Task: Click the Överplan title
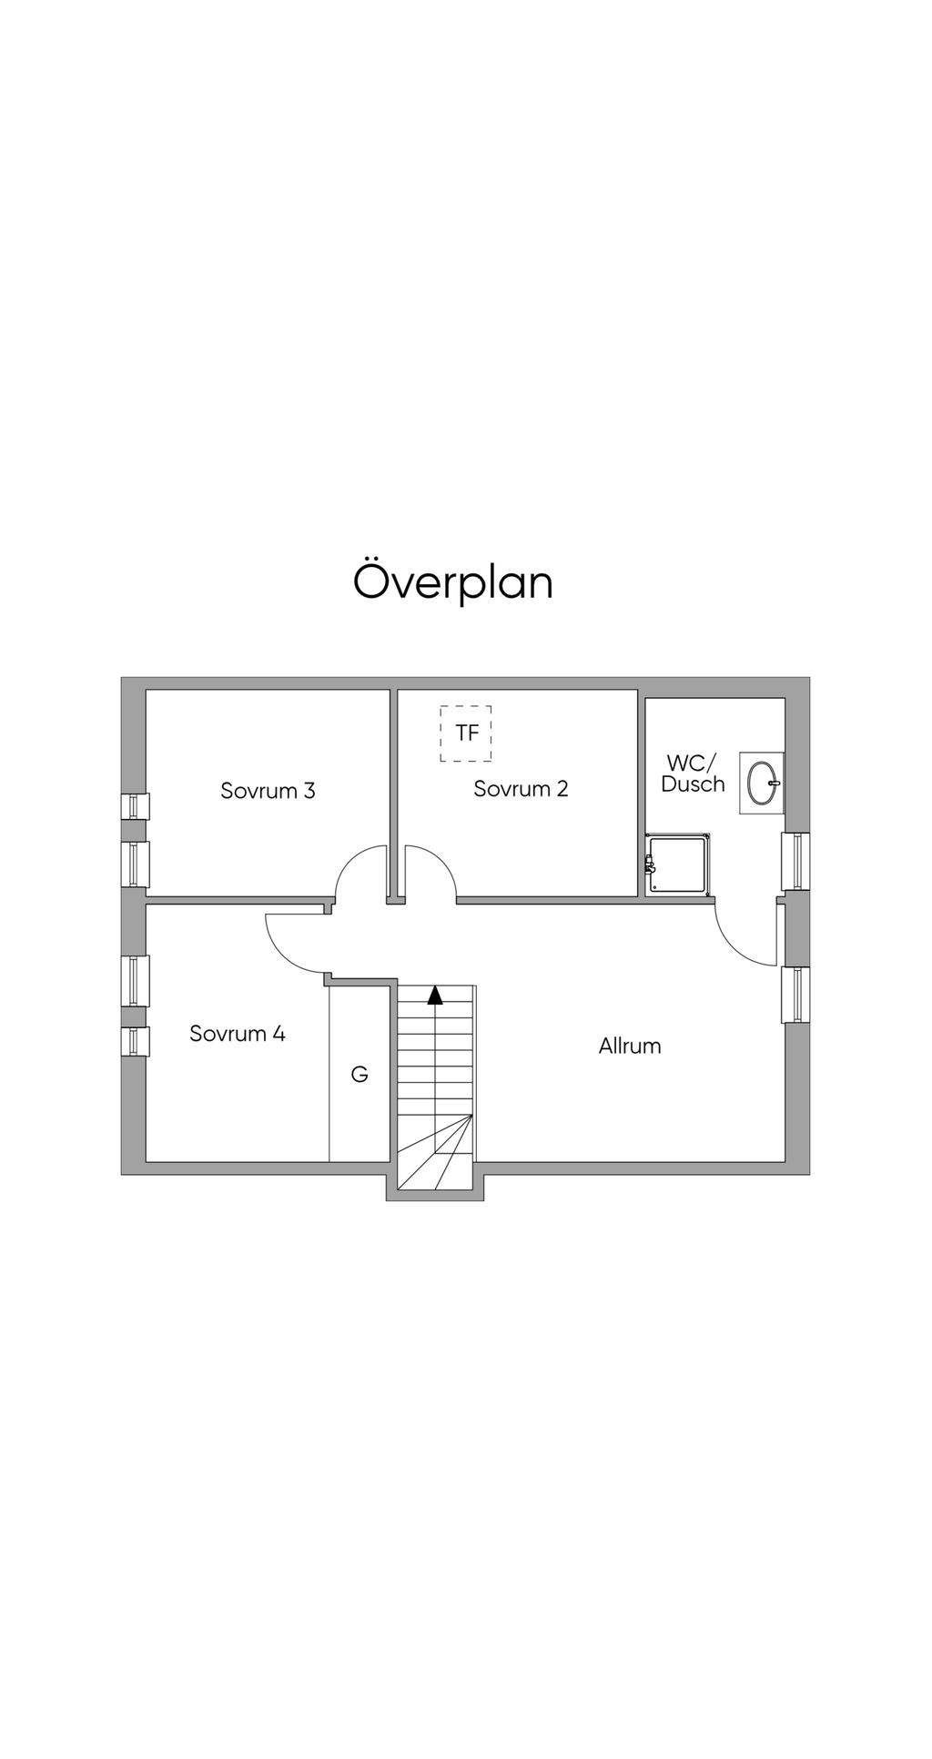click(x=453, y=582)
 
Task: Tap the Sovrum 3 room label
click(x=268, y=790)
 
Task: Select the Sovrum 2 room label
click(x=521, y=788)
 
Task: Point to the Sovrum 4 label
click(x=238, y=1033)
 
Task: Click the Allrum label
click(x=630, y=1046)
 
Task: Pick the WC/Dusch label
click(x=693, y=773)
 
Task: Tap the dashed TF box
click(x=466, y=733)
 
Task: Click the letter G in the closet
click(x=360, y=1075)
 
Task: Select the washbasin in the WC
click(x=762, y=783)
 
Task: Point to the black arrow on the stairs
click(x=435, y=995)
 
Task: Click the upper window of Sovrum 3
click(x=136, y=806)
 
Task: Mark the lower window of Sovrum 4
click(x=136, y=1041)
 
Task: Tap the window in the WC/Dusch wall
click(x=796, y=861)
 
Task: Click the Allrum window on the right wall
click(x=796, y=995)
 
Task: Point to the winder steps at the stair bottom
click(x=436, y=1152)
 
